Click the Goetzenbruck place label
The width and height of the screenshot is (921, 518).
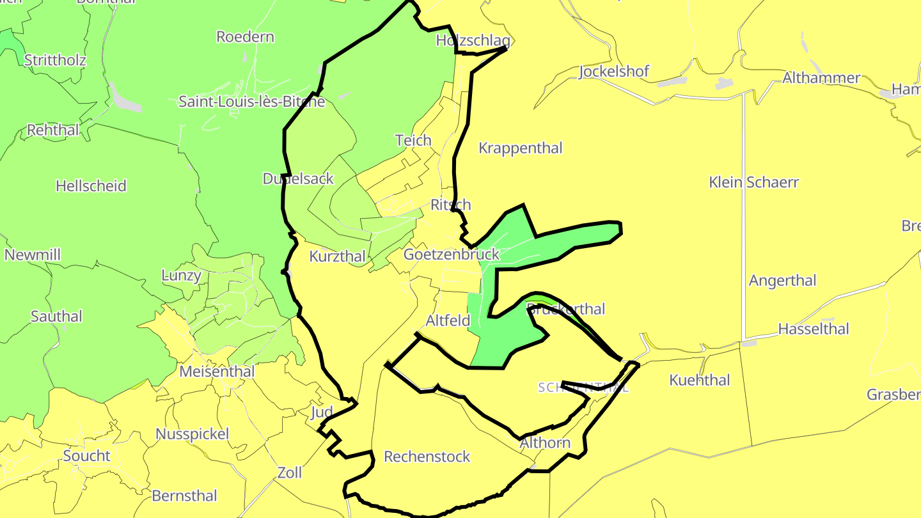point(451,255)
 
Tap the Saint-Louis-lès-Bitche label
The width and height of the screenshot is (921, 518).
point(251,102)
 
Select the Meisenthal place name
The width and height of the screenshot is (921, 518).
point(217,372)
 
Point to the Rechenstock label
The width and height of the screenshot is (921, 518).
point(427,457)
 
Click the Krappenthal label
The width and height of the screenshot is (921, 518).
point(520,148)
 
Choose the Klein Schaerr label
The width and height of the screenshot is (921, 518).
point(753,182)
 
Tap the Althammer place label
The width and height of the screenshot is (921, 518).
point(821,78)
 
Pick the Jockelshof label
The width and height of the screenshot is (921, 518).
point(613,72)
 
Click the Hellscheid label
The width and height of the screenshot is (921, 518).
point(91,186)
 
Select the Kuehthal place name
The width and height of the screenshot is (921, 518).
point(699,381)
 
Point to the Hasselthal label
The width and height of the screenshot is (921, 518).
point(813,329)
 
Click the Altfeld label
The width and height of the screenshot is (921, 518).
point(448,320)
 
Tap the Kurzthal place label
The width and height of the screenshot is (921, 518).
point(337,257)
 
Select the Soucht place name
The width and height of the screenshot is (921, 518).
point(86,456)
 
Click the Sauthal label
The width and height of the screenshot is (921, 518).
point(56,317)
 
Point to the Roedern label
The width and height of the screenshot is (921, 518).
point(245,37)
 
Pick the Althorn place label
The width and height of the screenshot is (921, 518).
point(545,443)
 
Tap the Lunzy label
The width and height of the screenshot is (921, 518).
point(181,276)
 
